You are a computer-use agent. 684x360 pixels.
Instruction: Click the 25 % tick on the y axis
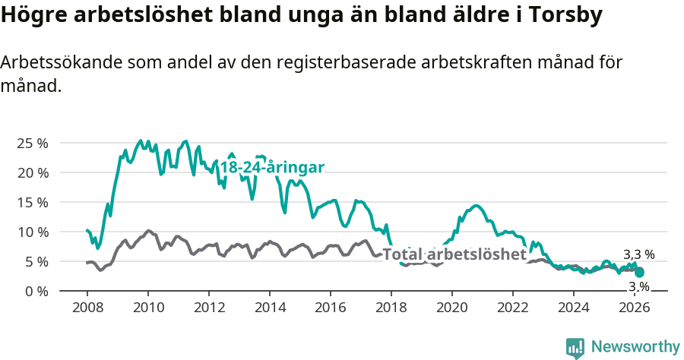click(33, 143)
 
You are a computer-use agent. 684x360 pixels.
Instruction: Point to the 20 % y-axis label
click(33, 172)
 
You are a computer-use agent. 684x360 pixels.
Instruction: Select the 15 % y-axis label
click(33, 202)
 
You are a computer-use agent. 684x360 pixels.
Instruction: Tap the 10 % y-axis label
click(33, 232)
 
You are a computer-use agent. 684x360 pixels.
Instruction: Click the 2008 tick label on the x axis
click(87, 308)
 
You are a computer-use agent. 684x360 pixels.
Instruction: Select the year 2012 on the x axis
click(209, 308)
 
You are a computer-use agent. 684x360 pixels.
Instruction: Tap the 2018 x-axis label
click(391, 308)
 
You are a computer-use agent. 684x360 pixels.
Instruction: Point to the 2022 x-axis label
click(513, 308)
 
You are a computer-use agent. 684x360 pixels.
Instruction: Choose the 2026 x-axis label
click(635, 308)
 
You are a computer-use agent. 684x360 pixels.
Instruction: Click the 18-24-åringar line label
click(272, 168)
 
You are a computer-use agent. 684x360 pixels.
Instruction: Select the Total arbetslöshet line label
click(454, 254)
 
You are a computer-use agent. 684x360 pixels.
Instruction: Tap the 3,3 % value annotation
click(638, 255)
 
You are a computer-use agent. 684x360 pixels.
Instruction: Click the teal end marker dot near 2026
click(640, 272)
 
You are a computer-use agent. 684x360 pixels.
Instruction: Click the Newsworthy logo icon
click(575, 348)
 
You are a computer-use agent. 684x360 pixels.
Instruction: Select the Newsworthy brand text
click(635, 347)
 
